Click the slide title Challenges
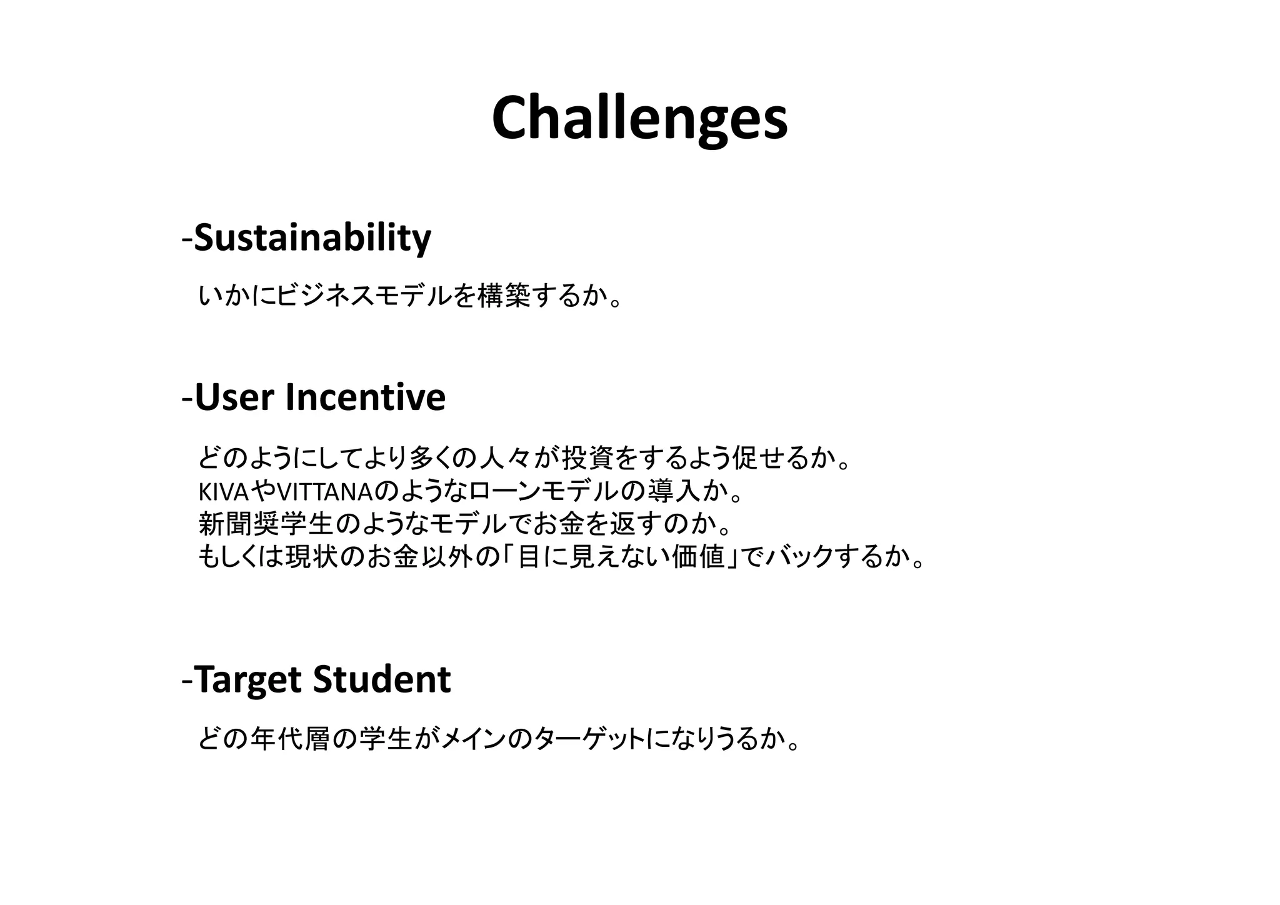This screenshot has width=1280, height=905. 639,119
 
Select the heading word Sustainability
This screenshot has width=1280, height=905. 312,238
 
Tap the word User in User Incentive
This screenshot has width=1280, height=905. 236,397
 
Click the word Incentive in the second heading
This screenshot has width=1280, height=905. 365,397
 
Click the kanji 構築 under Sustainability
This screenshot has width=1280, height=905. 504,296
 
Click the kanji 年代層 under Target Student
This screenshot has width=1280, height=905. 289,740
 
